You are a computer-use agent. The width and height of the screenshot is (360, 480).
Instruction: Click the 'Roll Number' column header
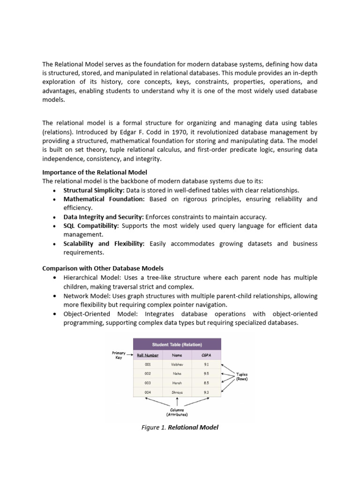click(148, 355)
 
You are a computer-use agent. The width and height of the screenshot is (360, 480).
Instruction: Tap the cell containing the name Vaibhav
click(176, 364)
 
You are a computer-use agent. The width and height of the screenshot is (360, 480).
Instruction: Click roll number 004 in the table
click(148, 392)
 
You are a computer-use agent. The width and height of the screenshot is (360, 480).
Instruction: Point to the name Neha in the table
click(176, 374)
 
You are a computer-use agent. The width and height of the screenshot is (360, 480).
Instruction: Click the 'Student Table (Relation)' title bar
click(177, 345)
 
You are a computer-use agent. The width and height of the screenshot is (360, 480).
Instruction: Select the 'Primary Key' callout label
click(118, 355)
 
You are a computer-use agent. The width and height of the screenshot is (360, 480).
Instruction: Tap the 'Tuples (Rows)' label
click(242, 376)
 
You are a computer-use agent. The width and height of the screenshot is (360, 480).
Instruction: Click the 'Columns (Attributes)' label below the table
click(177, 412)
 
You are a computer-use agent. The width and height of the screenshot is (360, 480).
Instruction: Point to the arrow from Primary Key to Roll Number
click(130, 355)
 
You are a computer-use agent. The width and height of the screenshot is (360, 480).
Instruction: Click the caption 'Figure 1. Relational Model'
click(180, 427)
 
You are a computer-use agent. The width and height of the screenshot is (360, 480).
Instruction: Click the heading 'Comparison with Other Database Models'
click(103, 268)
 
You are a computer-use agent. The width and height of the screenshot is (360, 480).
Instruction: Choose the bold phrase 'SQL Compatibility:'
click(91, 226)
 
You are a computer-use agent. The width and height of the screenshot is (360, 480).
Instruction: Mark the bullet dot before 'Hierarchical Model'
click(55, 278)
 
